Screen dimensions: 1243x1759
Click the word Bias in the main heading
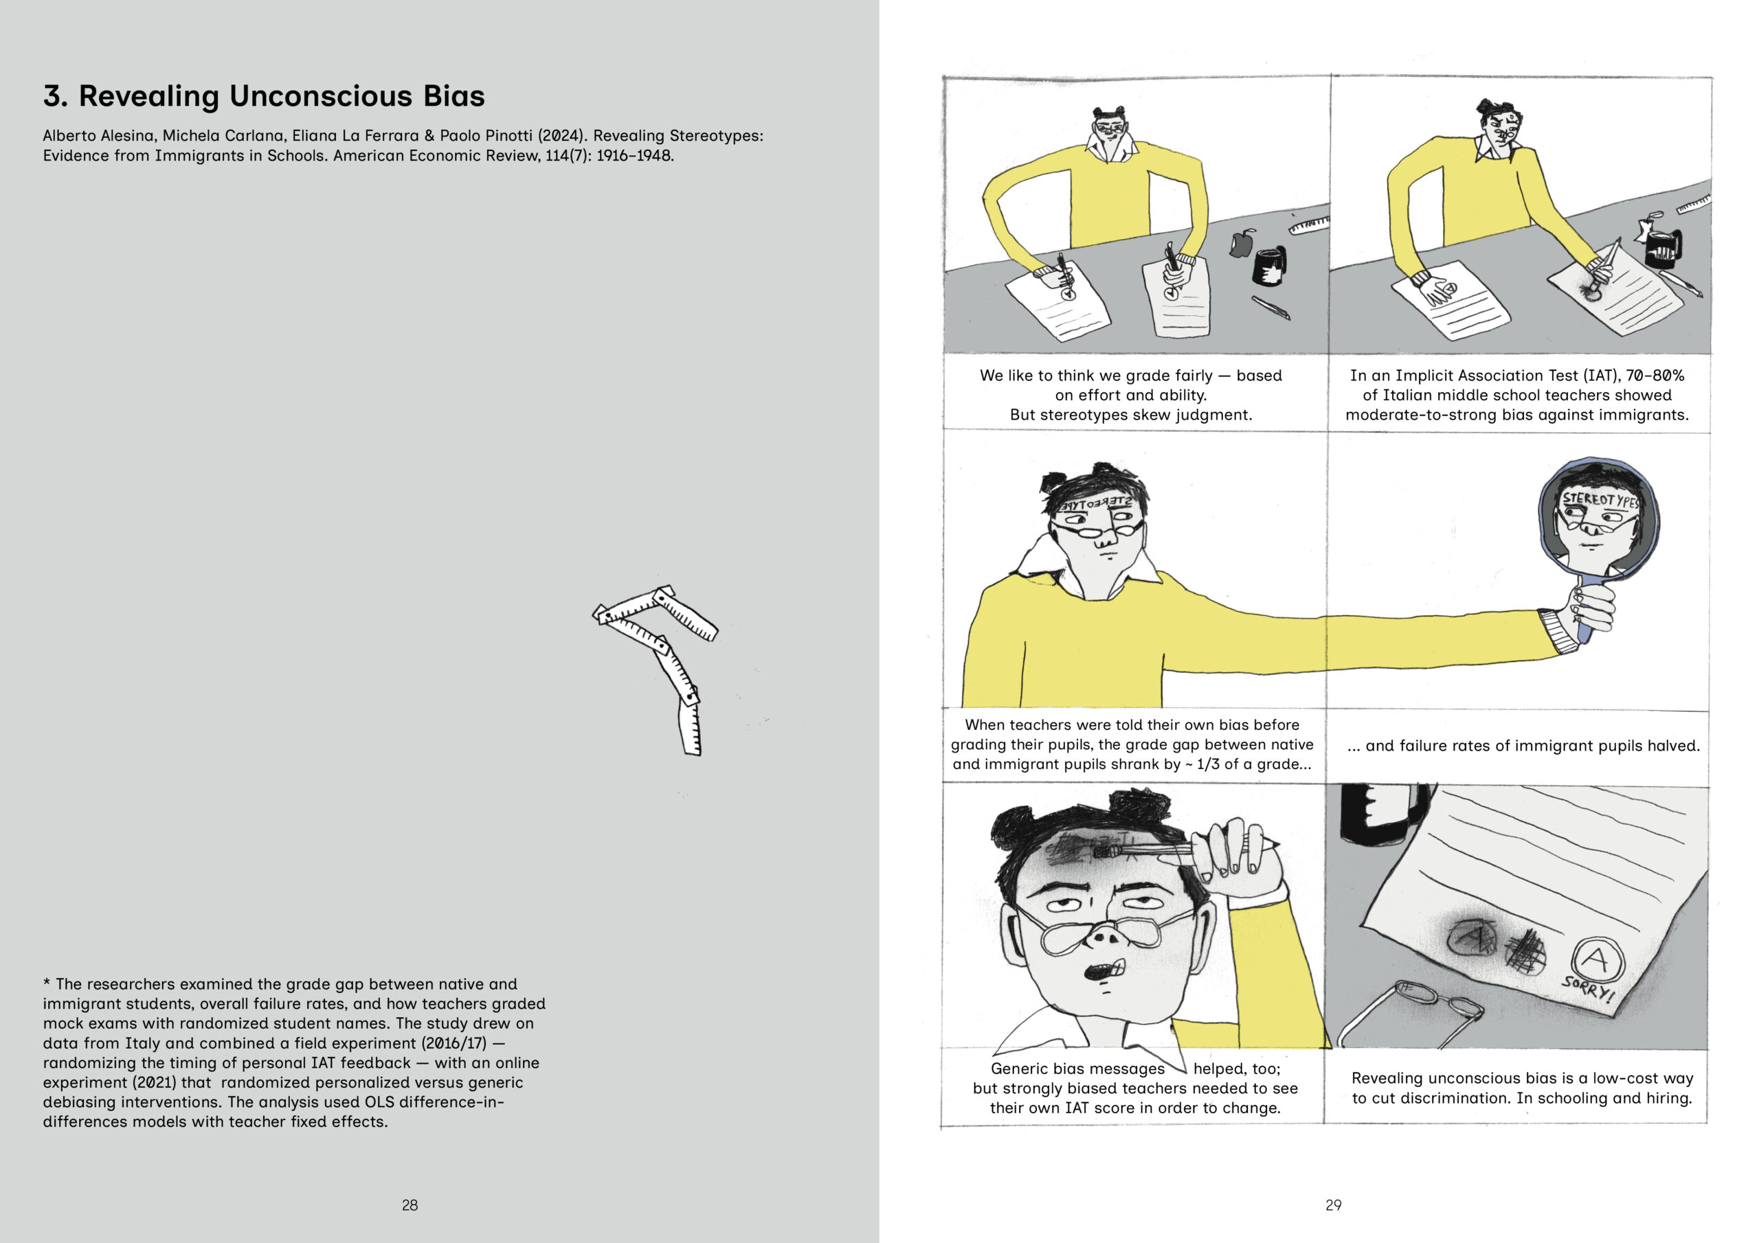point(453,97)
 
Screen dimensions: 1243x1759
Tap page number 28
point(410,1205)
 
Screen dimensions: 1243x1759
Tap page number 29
point(1333,1205)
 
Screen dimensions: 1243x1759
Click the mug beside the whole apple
point(1270,265)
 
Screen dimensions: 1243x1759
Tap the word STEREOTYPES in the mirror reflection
point(1600,500)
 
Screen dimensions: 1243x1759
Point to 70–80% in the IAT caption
point(1655,375)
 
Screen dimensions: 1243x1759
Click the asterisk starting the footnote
point(47,983)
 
